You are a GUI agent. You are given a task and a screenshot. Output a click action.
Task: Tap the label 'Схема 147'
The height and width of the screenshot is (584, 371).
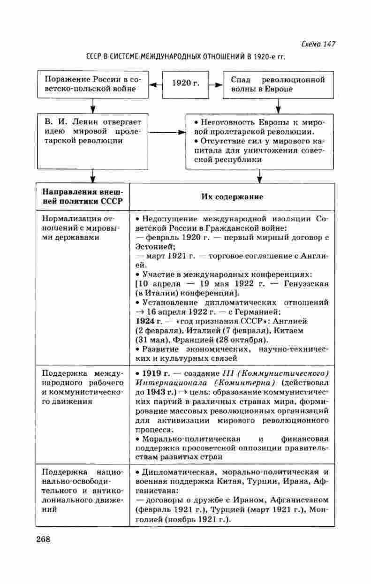318,44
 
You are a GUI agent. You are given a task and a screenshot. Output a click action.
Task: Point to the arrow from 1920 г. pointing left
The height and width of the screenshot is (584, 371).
155,84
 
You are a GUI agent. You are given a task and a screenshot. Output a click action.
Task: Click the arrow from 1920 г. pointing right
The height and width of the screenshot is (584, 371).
216,84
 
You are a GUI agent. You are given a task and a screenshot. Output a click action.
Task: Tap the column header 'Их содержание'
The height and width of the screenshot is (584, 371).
232,197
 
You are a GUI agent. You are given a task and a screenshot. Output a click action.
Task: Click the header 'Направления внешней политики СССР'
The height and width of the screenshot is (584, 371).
83,197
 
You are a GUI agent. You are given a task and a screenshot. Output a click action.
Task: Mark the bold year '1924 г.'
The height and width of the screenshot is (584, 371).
148,321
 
